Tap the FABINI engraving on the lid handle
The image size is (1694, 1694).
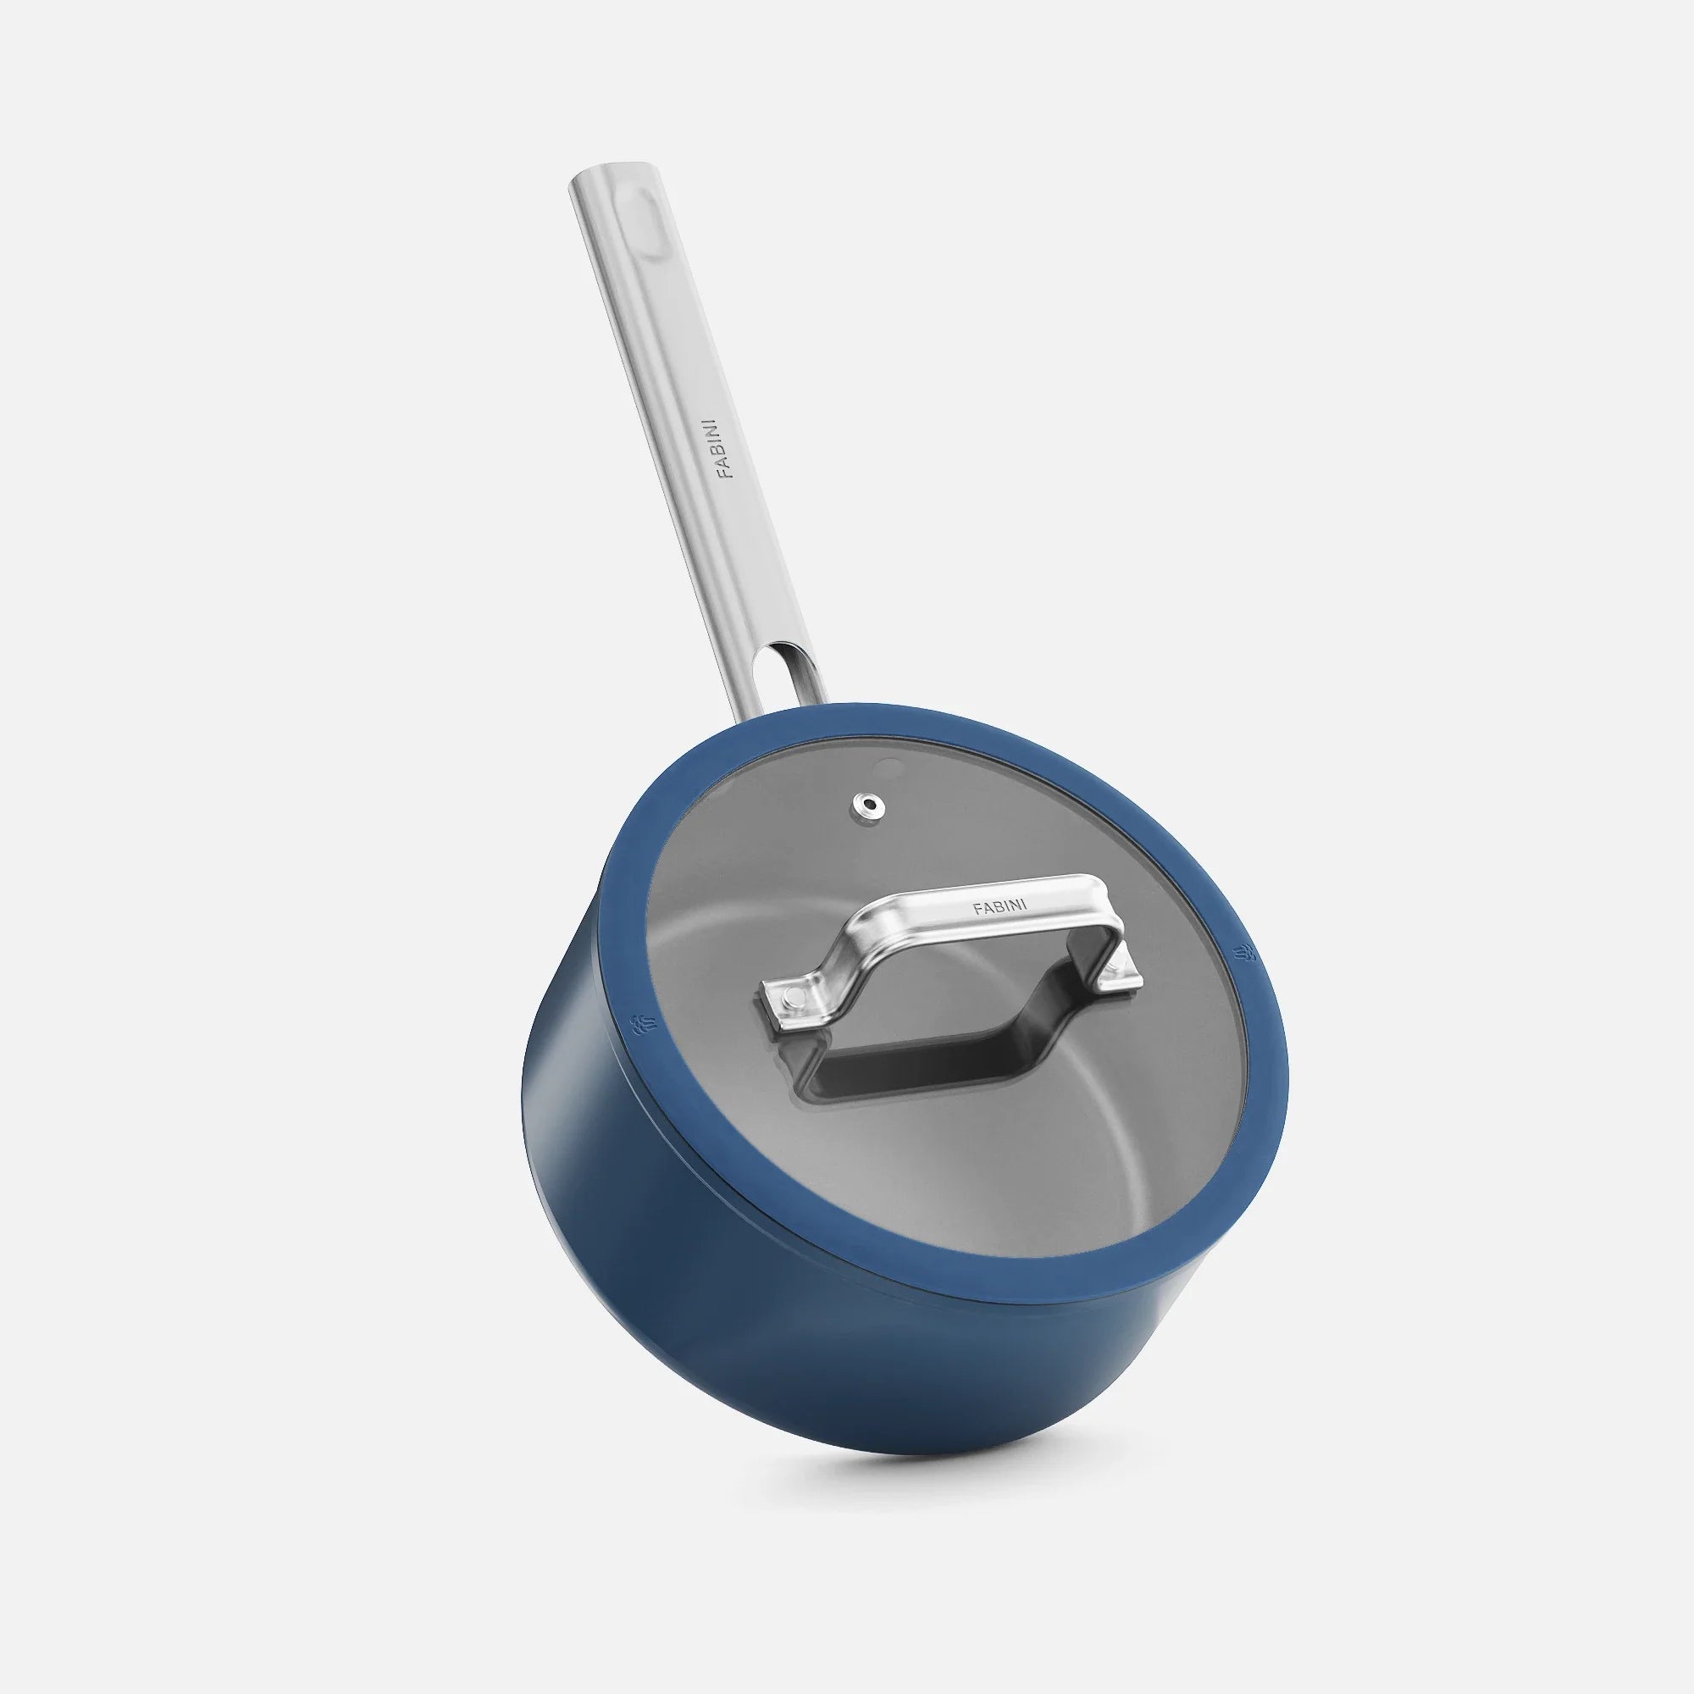tap(1000, 905)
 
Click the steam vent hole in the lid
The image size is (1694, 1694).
tap(868, 802)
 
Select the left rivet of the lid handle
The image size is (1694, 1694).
tap(792, 995)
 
